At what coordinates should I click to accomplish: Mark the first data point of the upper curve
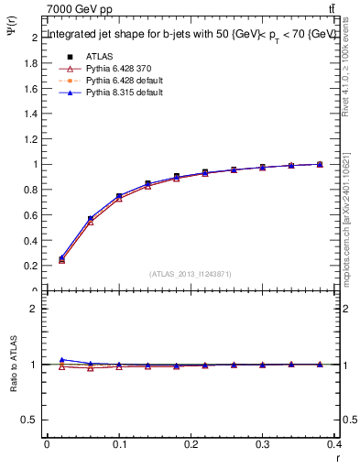pos(61,259)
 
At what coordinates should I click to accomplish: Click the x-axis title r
pos(337,459)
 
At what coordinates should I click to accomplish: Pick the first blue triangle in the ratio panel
pos(61,360)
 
